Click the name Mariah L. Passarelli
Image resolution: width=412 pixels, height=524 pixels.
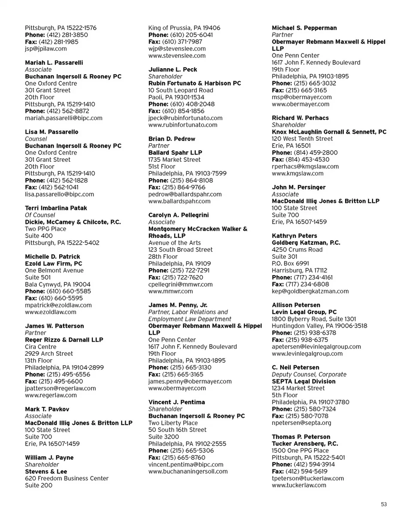[x=54, y=63]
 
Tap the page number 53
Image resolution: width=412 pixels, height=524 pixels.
[x=384, y=504]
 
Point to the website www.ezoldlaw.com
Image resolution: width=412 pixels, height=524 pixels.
[x=51, y=312]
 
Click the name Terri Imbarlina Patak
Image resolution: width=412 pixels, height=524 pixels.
[x=56, y=208]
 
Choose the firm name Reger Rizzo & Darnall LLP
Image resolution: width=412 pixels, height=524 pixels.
[x=64, y=340]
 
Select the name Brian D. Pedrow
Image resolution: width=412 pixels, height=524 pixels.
[x=172, y=139]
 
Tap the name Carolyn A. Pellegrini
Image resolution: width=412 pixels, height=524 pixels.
[x=179, y=215]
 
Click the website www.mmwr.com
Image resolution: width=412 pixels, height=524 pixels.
[x=170, y=291]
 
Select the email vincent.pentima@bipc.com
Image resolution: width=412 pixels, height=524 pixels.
[x=186, y=464]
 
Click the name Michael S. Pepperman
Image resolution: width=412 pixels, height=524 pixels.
[x=304, y=28]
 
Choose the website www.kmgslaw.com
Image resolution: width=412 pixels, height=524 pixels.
[x=298, y=173]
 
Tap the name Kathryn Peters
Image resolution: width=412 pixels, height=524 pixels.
[x=294, y=236]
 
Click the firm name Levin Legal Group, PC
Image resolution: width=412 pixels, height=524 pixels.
[x=304, y=312]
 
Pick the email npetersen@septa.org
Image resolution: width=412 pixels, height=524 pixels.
[x=302, y=423]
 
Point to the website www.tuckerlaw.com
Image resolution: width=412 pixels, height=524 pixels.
[x=299, y=485]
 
